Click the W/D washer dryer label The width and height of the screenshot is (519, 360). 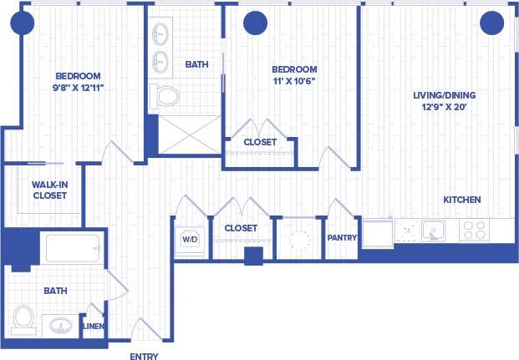(x=190, y=239)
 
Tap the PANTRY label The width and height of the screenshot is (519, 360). (x=342, y=238)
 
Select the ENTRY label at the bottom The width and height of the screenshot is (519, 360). (x=144, y=356)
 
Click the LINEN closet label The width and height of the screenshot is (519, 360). (x=94, y=326)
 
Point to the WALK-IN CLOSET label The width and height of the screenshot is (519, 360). (x=49, y=190)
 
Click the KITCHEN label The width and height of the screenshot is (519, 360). (x=461, y=200)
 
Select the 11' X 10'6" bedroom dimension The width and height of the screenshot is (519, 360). (x=295, y=81)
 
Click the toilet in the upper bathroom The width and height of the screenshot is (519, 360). (x=167, y=96)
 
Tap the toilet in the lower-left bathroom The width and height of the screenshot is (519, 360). (x=23, y=318)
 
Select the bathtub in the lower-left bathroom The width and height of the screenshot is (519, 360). (x=73, y=248)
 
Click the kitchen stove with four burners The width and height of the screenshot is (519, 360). (x=475, y=230)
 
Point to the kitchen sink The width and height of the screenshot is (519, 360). (x=433, y=230)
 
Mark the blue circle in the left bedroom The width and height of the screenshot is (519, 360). (x=23, y=23)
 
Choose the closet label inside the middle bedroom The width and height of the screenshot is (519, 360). (x=260, y=142)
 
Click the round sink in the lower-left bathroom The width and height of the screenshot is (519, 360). (x=59, y=324)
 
